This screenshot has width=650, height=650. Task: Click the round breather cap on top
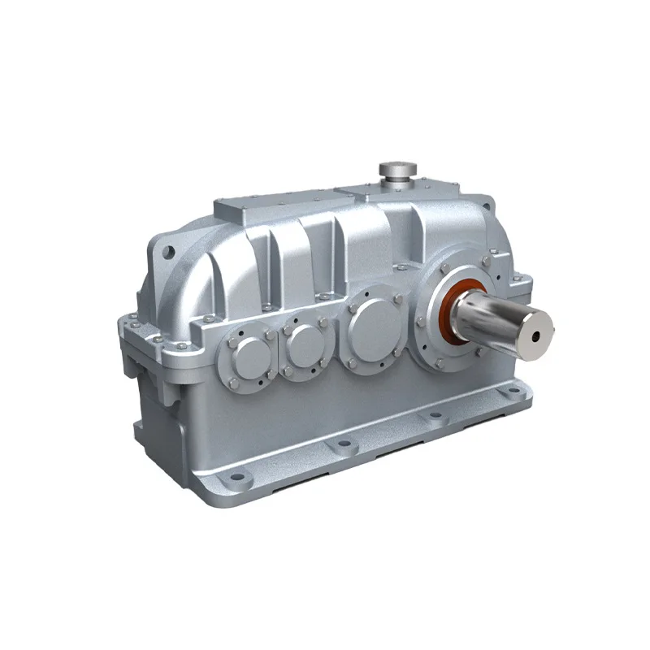pos(397,168)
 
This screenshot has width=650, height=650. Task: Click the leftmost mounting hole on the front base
pos(235,477)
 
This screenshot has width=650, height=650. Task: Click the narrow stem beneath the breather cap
pos(397,180)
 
